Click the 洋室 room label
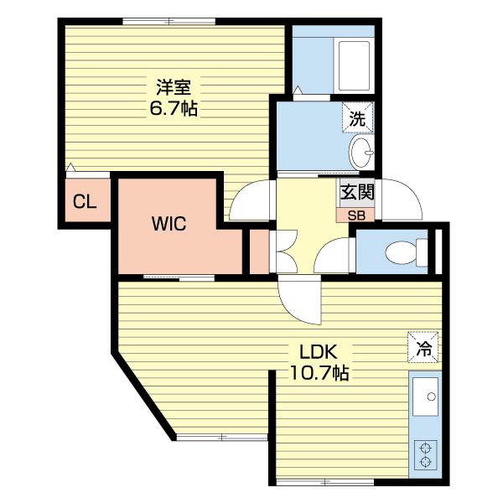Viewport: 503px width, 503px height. tap(174, 87)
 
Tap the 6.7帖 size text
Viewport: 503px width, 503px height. tap(174, 108)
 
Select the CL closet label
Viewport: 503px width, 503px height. tap(85, 202)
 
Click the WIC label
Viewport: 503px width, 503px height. tap(169, 223)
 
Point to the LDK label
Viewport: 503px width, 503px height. tap(318, 351)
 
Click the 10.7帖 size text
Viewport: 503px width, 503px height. tap(319, 373)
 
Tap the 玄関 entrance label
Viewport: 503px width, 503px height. tap(357, 193)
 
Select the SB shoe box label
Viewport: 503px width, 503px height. tap(356, 215)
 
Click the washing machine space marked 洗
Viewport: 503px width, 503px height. tap(358, 117)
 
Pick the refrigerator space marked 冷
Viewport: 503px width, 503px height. tap(423, 347)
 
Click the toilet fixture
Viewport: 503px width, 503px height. tap(407, 251)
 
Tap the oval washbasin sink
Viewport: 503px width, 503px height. tap(362, 153)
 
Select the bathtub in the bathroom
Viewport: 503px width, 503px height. tap(354, 65)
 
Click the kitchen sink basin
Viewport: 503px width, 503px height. tap(425, 397)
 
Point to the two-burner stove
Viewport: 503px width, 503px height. tap(426, 454)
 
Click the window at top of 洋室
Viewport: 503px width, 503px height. tap(169, 21)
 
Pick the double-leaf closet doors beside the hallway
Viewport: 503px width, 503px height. tap(284, 251)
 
